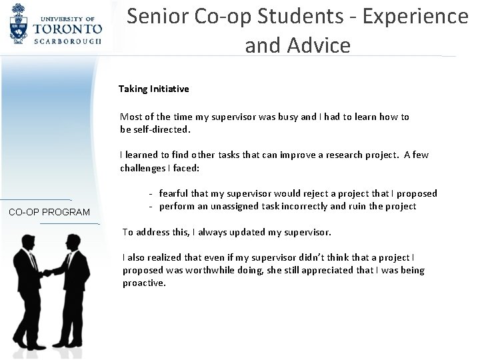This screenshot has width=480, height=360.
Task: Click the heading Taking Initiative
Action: (x=153, y=88)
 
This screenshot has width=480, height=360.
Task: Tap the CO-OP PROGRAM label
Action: (x=49, y=212)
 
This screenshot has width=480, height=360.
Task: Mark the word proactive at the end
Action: (x=143, y=283)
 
